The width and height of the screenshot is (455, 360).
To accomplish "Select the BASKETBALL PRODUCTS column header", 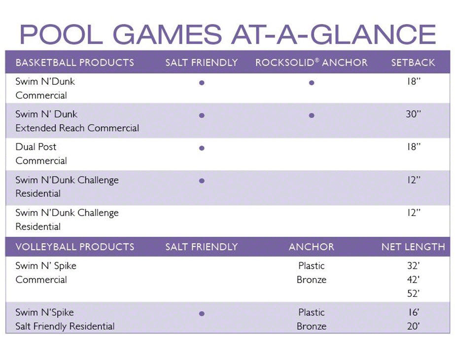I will click(x=74, y=63).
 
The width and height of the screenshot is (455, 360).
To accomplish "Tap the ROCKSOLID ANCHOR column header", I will click(x=311, y=63).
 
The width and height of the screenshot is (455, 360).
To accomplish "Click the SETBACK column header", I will click(x=413, y=63).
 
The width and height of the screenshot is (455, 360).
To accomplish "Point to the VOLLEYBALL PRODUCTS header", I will click(x=74, y=247).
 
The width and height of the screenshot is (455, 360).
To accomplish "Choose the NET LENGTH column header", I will click(x=413, y=247).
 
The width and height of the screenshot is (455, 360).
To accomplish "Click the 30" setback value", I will click(x=413, y=114).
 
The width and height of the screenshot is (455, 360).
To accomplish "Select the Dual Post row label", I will click(x=36, y=147).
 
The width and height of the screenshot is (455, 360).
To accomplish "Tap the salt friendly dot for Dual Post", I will click(x=202, y=147).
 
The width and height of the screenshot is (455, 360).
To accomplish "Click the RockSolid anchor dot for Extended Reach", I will click(x=311, y=115).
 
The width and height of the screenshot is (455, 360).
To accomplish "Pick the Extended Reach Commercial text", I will click(x=77, y=128).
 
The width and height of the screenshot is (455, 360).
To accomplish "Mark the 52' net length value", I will click(x=413, y=293).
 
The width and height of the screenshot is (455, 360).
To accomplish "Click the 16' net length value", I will click(x=413, y=312).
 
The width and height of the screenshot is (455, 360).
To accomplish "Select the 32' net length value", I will click(x=413, y=266).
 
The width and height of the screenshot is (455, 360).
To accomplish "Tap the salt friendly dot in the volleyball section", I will click(x=202, y=313).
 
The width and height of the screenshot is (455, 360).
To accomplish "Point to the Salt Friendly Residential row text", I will click(x=65, y=326).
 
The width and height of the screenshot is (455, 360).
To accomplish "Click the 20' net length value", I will click(x=413, y=326).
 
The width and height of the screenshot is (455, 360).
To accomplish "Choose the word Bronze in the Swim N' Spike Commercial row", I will click(x=311, y=280).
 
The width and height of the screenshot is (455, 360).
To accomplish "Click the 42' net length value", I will click(x=413, y=280).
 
